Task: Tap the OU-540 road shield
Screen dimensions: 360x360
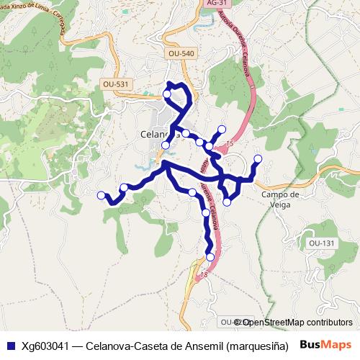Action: pos(181,53)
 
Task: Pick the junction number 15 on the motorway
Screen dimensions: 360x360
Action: pos(230,145)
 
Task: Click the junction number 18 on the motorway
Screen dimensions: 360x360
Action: pos(204,275)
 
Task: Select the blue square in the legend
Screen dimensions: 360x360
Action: pos(9,345)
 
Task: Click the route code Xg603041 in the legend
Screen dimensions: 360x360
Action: pos(48,345)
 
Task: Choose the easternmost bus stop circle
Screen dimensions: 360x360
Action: pos(258,159)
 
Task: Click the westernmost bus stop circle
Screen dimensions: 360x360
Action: pos(102,194)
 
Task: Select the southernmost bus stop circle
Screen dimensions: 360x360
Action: pos(210,256)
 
